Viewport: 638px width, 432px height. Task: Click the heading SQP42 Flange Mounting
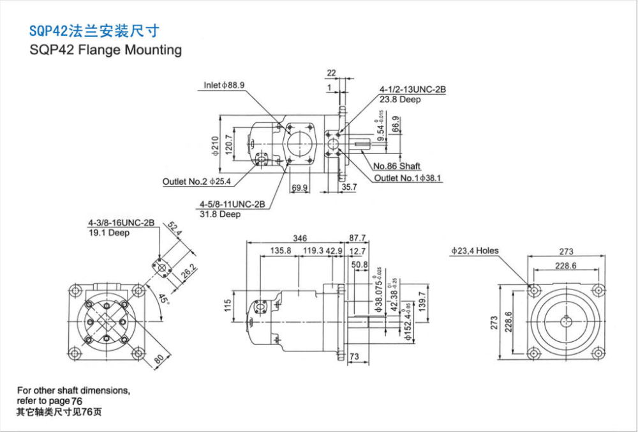click(105, 50)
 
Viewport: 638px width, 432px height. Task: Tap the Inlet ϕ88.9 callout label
click(225, 85)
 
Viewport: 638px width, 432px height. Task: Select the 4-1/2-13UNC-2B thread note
click(412, 89)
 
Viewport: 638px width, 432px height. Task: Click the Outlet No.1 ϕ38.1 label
click(408, 178)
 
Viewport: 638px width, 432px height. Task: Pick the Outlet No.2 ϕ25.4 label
click(196, 182)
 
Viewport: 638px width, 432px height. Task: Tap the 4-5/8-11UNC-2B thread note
click(232, 204)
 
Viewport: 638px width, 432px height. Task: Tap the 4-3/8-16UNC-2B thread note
click(121, 223)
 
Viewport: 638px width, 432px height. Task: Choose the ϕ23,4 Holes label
click(475, 251)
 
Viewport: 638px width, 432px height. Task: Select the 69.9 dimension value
click(299, 188)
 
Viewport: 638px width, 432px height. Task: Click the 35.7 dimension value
click(348, 188)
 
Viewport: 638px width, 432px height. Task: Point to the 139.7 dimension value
click(420, 302)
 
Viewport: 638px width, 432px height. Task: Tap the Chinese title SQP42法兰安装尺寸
click(94, 30)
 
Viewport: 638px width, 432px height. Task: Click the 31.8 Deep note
click(220, 215)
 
